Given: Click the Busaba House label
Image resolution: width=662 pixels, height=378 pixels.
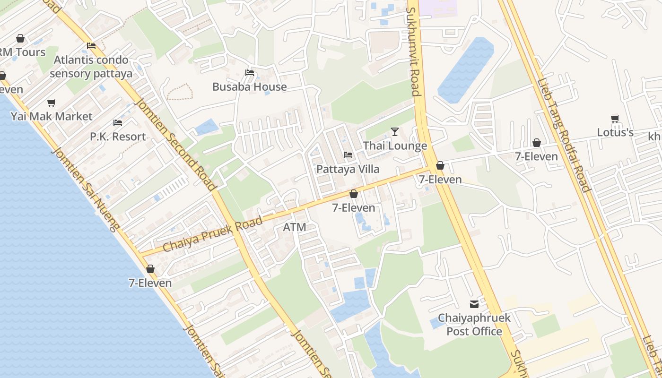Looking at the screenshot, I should (x=249, y=86).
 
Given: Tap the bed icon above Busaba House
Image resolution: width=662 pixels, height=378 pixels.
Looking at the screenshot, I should (x=250, y=73).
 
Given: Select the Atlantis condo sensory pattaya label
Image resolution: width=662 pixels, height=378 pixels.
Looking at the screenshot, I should (x=91, y=67).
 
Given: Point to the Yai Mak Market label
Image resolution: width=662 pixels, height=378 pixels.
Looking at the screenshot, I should (x=52, y=116).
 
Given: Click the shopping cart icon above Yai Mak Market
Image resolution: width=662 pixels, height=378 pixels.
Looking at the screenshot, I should (x=52, y=103).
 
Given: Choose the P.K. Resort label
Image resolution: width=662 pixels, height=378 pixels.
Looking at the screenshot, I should (x=118, y=137).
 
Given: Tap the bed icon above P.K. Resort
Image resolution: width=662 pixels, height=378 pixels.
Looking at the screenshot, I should (x=118, y=123).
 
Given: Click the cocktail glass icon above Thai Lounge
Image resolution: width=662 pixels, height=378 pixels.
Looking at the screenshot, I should (x=395, y=131).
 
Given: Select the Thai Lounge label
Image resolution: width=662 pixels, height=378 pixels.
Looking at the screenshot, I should (x=395, y=146).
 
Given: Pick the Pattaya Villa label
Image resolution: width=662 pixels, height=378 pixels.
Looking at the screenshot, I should (x=348, y=169).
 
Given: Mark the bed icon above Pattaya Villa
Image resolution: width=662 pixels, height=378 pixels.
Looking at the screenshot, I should (x=348, y=155).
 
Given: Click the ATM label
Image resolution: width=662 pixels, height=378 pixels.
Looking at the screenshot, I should (x=295, y=227).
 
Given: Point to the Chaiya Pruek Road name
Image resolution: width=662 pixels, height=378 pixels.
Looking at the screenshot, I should (x=212, y=234).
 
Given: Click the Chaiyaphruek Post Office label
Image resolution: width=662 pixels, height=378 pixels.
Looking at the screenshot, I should (x=474, y=324).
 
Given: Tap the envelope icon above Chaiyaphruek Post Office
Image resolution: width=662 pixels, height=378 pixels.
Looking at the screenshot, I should (x=474, y=304).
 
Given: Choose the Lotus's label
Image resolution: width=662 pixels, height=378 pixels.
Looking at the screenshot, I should (x=615, y=132).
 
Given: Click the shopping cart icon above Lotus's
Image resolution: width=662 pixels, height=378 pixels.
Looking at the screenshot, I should (x=615, y=119).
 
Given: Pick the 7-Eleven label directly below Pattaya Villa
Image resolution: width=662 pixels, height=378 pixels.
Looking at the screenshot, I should (x=353, y=207).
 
